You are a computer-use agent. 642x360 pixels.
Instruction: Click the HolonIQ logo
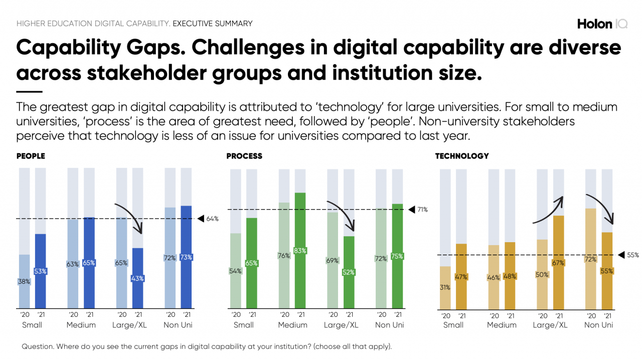[602, 24]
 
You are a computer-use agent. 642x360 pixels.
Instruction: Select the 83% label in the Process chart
[300, 251]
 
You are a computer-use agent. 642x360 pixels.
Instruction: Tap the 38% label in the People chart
[24, 282]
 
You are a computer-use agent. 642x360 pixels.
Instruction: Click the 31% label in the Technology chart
[445, 288]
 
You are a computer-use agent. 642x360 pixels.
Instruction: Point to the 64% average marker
[208, 219]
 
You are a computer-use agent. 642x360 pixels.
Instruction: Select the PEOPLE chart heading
[31, 156]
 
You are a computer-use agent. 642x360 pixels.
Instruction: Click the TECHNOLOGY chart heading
[461, 156]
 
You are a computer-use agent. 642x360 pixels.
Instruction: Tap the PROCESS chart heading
[244, 156]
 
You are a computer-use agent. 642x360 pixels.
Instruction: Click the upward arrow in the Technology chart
[549, 209]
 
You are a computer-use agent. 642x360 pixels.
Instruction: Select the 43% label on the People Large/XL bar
[137, 278]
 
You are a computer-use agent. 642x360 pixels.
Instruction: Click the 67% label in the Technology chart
[559, 263]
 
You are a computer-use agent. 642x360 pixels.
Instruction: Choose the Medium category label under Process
[292, 325]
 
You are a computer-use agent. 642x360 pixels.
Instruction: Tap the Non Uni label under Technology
[599, 325]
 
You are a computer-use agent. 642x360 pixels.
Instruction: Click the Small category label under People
[32, 325]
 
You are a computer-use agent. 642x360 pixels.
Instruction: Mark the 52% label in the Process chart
[349, 272]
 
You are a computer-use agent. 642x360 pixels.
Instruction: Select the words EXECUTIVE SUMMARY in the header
[213, 24]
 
